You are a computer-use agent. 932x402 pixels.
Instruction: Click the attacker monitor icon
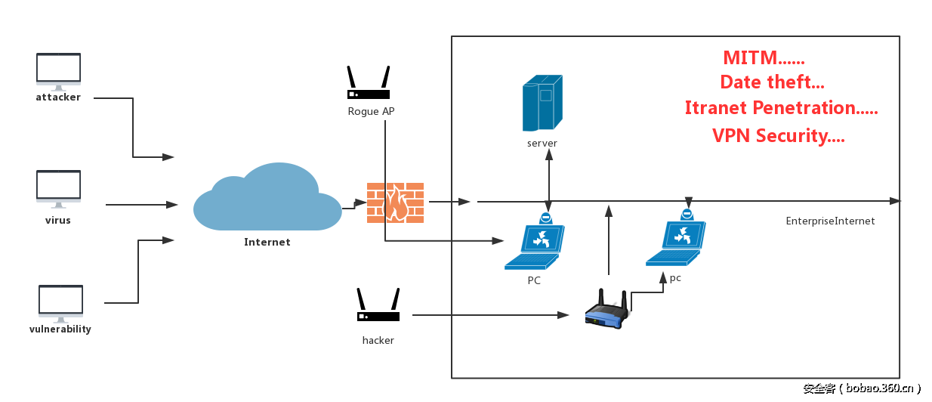(x=58, y=70)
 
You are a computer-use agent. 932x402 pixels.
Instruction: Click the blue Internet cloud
(x=267, y=199)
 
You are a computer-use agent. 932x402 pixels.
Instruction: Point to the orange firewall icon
(x=395, y=203)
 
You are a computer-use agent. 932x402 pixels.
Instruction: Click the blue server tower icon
(x=542, y=104)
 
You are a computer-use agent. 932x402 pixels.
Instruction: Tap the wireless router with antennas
(x=607, y=309)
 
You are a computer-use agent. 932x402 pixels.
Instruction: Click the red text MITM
(x=763, y=58)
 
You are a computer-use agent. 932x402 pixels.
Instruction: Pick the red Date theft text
(x=772, y=82)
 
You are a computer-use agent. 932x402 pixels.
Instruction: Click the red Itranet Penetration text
(x=781, y=108)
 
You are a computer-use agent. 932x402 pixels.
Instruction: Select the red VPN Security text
(x=778, y=136)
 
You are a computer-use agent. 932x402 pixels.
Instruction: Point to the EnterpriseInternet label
(x=830, y=221)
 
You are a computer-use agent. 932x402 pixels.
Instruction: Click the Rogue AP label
(x=371, y=112)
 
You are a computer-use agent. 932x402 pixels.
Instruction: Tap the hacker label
(x=378, y=341)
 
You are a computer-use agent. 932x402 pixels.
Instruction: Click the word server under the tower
(x=542, y=144)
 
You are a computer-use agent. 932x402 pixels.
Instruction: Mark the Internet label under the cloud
(x=267, y=243)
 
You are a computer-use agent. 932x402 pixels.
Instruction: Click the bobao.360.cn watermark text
(x=861, y=388)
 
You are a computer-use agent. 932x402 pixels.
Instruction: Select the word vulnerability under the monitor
(x=60, y=329)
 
